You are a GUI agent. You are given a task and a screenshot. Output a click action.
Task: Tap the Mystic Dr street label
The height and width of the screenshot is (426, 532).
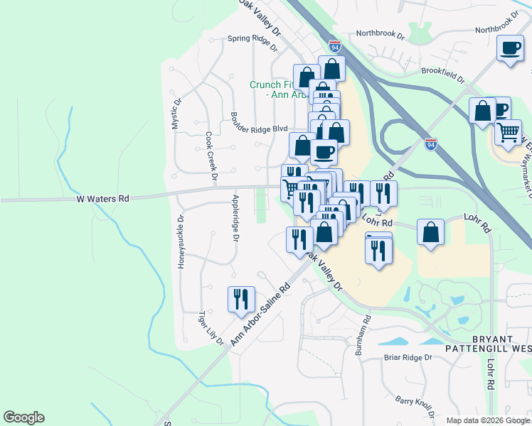[x=175, y=113]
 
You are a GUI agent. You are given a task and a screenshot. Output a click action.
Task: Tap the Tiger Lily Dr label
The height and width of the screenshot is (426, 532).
[x=211, y=327]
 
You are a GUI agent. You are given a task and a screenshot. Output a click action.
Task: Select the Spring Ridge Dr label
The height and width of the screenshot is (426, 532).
[x=252, y=43]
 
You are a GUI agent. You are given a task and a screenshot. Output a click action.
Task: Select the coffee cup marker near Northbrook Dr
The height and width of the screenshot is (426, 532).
[x=510, y=48]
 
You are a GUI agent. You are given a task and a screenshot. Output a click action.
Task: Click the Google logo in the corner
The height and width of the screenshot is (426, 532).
[x=23, y=417]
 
